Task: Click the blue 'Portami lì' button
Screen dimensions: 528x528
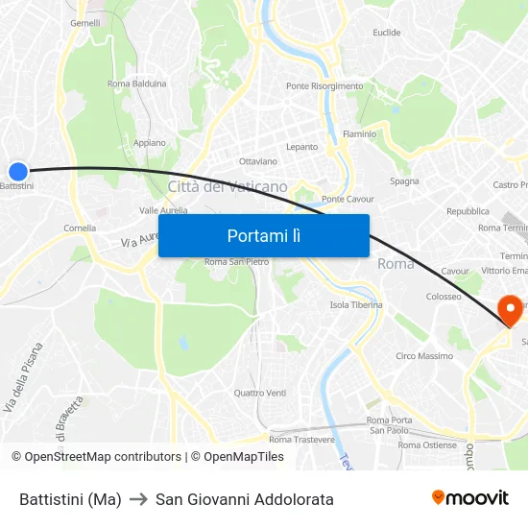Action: tap(263, 235)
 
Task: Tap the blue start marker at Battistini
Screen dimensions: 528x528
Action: tap(18, 171)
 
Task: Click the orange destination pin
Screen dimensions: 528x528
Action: tap(509, 310)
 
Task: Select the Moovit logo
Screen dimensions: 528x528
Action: tap(470, 498)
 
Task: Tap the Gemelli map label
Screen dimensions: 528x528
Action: tap(85, 23)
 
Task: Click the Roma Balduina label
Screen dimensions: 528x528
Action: tap(137, 84)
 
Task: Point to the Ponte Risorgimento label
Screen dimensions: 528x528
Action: tap(324, 86)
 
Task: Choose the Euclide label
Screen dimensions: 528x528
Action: tap(387, 33)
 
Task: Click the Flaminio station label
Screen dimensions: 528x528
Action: tap(360, 134)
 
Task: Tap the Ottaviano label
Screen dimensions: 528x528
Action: tap(257, 161)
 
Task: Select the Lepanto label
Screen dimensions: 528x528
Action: tap(301, 147)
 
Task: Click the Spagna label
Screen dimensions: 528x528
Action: tap(404, 180)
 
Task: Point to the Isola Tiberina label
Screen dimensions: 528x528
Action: tap(356, 305)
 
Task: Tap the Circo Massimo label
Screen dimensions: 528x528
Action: tap(424, 356)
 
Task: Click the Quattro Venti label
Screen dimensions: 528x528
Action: tap(260, 393)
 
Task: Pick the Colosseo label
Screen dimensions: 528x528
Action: tap(444, 297)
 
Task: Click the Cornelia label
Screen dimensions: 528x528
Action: tap(79, 228)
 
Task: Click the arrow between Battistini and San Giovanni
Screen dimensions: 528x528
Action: tap(138, 499)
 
